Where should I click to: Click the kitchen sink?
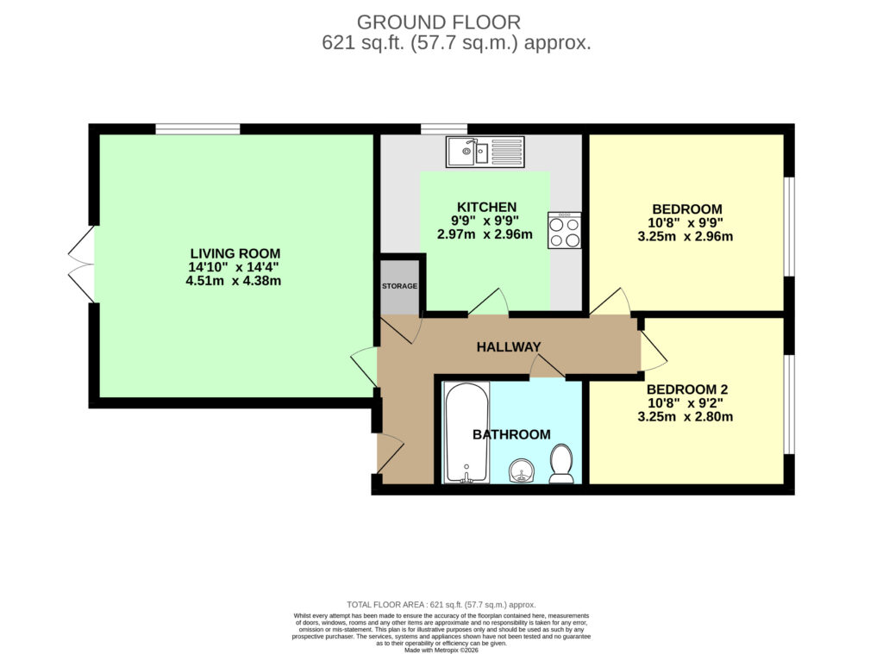tap(485, 152)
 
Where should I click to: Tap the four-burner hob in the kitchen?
tap(564, 230)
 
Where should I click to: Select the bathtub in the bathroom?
tap(467, 433)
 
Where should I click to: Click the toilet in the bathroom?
tap(561, 464)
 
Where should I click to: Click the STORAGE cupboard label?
tap(400, 286)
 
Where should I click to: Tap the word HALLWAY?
tap(509, 347)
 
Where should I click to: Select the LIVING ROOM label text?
tap(235, 253)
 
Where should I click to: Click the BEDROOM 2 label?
tap(687, 389)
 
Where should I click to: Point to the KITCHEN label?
tap(486, 207)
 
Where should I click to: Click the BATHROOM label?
tap(511, 434)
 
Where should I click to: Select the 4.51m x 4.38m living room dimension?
tap(233, 280)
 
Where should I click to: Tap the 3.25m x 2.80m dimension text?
tap(686, 417)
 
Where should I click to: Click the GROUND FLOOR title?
tap(439, 22)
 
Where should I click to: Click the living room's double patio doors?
tap(82, 264)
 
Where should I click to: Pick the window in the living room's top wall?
tap(197, 129)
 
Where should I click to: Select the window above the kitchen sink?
tap(444, 129)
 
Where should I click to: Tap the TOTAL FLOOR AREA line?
tap(441, 605)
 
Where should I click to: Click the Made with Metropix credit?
tap(441, 650)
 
